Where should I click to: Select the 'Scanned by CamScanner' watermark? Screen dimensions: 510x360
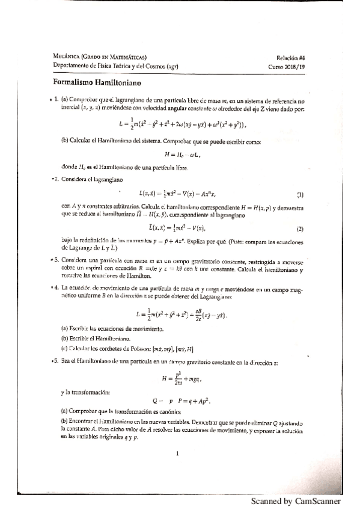(296, 501)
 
